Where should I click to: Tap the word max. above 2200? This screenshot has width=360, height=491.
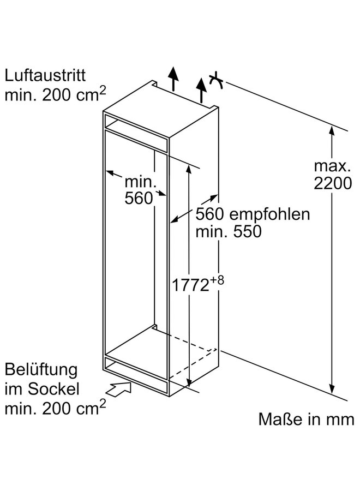pyautogui.click(x=332, y=165)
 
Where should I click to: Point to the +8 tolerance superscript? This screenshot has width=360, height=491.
pyautogui.click(x=219, y=280)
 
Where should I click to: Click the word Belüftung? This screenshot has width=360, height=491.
pyautogui.click(x=41, y=369)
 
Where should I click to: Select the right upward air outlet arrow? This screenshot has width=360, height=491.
pyautogui.click(x=202, y=89)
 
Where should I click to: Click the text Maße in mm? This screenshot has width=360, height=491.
pyautogui.click(x=305, y=419)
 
